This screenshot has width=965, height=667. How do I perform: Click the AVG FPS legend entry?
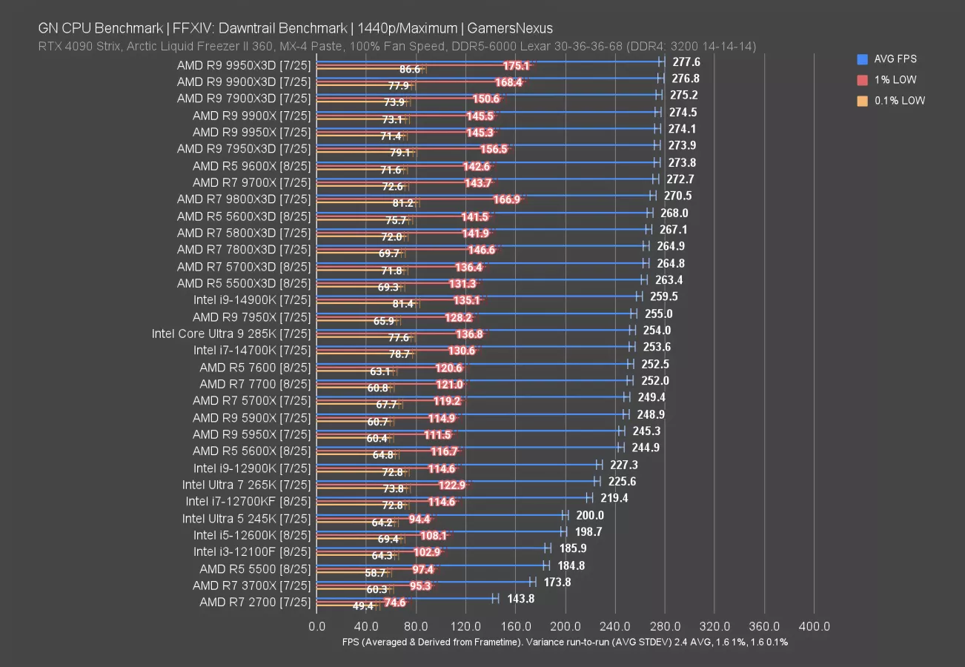click(x=890, y=59)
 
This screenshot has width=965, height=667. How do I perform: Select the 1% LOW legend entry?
click(x=890, y=79)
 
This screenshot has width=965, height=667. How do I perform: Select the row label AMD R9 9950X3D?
click(x=244, y=65)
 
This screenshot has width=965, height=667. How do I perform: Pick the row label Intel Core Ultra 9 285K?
click(x=231, y=333)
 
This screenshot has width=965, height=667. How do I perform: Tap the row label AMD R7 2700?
click(x=255, y=602)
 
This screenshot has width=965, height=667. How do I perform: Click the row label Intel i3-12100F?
click(x=252, y=551)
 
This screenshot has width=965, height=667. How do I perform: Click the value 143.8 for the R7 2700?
click(x=521, y=599)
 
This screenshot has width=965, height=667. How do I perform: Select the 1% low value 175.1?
click(x=516, y=66)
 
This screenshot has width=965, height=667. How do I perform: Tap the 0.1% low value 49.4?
click(x=363, y=605)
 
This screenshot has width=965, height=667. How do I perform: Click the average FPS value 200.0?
click(x=590, y=515)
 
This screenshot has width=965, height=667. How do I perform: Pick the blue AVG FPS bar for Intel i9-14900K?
click(x=474, y=296)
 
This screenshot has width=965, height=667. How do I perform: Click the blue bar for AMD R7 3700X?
click(x=422, y=582)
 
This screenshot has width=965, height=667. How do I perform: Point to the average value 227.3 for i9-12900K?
click(x=624, y=465)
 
